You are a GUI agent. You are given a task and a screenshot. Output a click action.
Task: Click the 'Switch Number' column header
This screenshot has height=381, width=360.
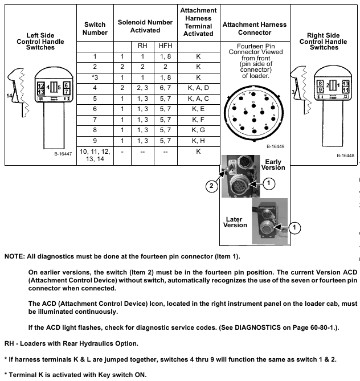click(x=95, y=28)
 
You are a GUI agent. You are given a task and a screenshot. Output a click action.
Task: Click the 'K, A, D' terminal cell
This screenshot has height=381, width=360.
click(x=198, y=87)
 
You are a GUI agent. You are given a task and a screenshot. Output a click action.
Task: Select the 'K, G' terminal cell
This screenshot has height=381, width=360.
click(x=198, y=130)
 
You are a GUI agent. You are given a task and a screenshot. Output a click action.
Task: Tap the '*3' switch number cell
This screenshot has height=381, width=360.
click(x=95, y=77)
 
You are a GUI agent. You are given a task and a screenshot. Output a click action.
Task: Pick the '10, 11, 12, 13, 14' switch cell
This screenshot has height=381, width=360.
click(x=95, y=156)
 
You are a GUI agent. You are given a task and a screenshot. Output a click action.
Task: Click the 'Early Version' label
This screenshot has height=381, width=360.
click(x=274, y=165)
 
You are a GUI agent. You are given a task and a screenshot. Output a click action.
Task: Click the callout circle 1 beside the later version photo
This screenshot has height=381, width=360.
click(x=294, y=227)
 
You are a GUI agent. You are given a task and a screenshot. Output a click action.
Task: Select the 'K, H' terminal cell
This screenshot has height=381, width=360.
click(x=198, y=140)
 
